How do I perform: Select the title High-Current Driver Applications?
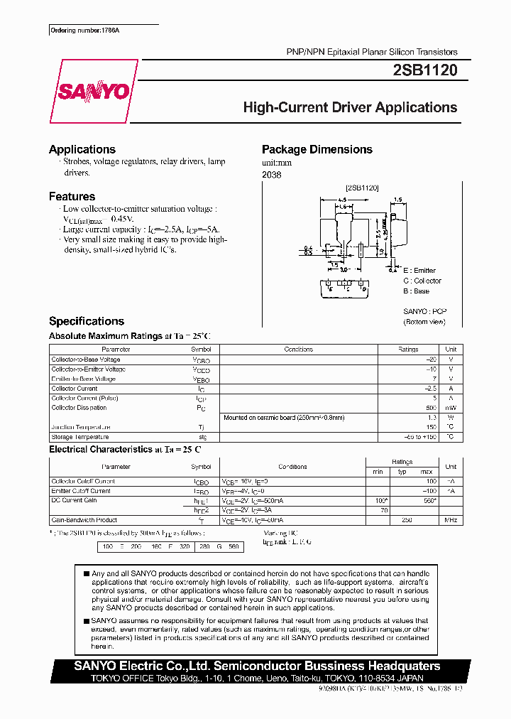[350, 108]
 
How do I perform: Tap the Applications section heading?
[82, 149]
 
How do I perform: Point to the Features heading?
[72, 196]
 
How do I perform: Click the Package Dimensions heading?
[317, 149]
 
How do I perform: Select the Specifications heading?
[87, 321]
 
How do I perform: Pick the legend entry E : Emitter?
[419, 271]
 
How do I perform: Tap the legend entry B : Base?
[416, 291]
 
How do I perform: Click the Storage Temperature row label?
[80, 437]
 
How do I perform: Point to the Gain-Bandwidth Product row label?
[84, 520]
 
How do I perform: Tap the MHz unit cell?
[450, 520]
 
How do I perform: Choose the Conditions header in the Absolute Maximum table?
[298, 350]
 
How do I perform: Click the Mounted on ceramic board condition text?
[274, 418]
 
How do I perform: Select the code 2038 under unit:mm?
[271, 175]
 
